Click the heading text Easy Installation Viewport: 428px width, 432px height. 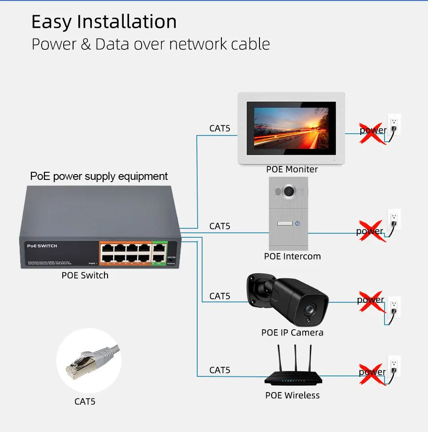104,22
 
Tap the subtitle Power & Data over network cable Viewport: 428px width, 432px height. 151,44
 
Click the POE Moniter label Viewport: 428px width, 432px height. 292,169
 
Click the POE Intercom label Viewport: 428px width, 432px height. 292,257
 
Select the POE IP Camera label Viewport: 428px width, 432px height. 292,332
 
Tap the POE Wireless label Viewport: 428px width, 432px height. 292,395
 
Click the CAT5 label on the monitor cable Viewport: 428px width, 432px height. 220,128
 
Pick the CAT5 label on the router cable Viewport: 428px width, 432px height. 220,370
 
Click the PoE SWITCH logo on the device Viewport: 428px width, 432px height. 42,246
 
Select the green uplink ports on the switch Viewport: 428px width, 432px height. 159,253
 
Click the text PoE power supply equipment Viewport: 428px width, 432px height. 99,176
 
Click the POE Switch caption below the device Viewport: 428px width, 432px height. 85,275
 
